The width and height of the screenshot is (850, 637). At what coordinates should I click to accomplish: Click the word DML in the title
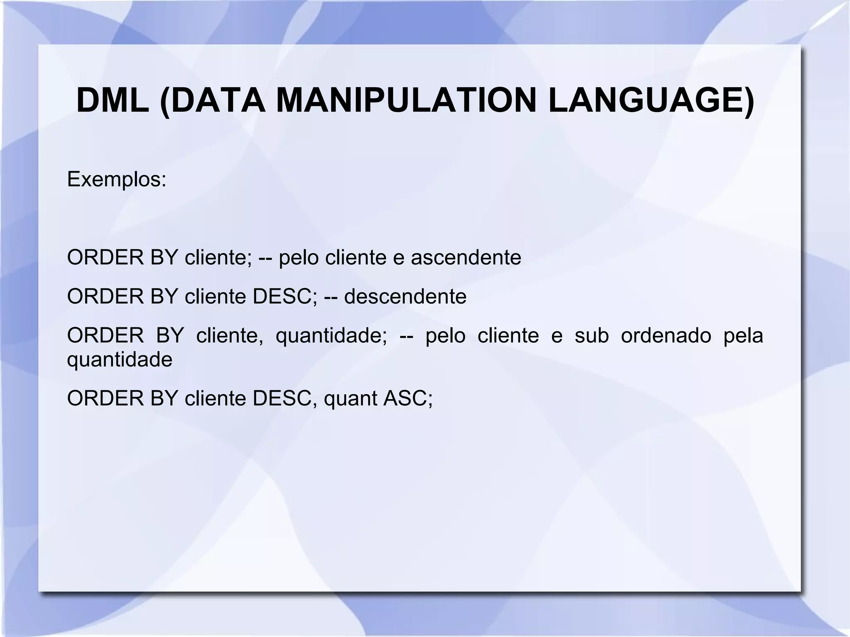tap(112, 101)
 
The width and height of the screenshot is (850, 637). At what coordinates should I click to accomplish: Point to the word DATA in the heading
tap(217, 101)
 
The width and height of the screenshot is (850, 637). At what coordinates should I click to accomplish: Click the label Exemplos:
tap(117, 180)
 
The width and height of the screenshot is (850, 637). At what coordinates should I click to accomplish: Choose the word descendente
tap(405, 296)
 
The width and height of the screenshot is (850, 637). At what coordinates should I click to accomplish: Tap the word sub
tap(591, 335)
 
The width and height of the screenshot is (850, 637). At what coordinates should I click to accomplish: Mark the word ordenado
tap(666, 335)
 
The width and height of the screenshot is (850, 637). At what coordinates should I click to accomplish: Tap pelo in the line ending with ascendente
tap(298, 257)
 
